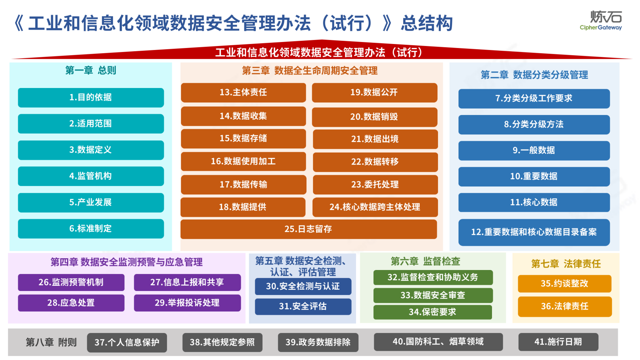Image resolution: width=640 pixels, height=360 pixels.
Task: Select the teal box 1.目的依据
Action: [x=91, y=97]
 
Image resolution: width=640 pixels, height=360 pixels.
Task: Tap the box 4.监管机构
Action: [x=91, y=176]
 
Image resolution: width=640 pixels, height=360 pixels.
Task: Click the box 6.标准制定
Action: [x=91, y=228]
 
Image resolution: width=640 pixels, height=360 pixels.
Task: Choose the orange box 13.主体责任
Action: [x=243, y=92]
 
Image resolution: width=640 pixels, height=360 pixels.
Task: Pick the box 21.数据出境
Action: [x=375, y=139]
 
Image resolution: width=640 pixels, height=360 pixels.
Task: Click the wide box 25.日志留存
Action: [x=309, y=229]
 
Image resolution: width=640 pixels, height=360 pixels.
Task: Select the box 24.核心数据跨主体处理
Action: [x=375, y=207]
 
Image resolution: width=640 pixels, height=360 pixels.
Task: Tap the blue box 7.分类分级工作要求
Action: [x=534, y=98]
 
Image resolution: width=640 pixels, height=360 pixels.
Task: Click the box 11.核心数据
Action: [x=534, y=202]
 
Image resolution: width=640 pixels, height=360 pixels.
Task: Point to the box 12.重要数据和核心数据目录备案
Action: [x=534, y=232]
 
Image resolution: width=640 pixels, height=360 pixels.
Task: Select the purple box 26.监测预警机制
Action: [x=71, y=283]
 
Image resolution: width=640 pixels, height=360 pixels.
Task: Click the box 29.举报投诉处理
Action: [x=187, y=303]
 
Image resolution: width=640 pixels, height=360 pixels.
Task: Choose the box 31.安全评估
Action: [x=303, y=306]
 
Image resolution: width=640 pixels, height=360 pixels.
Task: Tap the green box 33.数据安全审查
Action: [x=433, y=295]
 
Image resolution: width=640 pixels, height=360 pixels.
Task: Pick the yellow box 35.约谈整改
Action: [x=565, y=283]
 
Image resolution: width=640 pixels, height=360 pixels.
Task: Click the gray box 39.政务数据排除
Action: [x=318, y=342]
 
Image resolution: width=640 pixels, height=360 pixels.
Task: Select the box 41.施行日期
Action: [x=558, y=342]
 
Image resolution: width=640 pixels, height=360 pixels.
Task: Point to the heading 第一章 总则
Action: [x=91, y=71]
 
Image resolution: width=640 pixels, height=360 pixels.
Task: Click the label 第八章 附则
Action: [x=51, y=342]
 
